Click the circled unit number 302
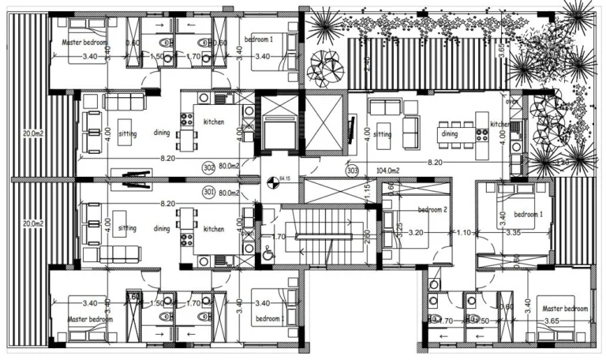coord(208,167)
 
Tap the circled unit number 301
coord(208,191)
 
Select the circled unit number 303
coord(353,169)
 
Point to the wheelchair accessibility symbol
coord(268,252)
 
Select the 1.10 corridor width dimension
coord(465,234)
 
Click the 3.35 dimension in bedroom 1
coord(514,234)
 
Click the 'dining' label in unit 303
coord(449,134)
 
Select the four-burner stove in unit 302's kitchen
coord(188,120)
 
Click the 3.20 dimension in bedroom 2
coord(416,234)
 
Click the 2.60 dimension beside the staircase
coord(368,234)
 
